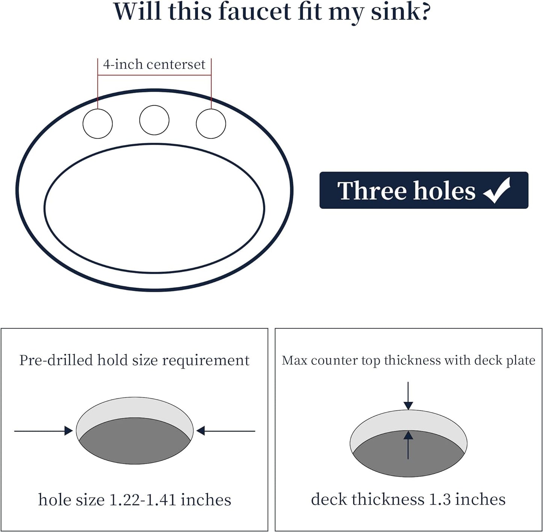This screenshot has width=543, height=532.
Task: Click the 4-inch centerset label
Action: click(154, 64)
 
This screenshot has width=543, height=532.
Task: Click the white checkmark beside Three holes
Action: click(496, 190)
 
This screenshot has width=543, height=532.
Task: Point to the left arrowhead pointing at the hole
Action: click(68, 431)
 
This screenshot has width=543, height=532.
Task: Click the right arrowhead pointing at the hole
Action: click(200, 431)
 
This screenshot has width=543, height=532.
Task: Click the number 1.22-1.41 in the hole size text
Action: click(142, 500)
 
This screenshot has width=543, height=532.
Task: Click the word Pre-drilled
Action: click(56, 360)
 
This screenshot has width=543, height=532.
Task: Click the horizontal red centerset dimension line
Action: click(154, 75)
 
